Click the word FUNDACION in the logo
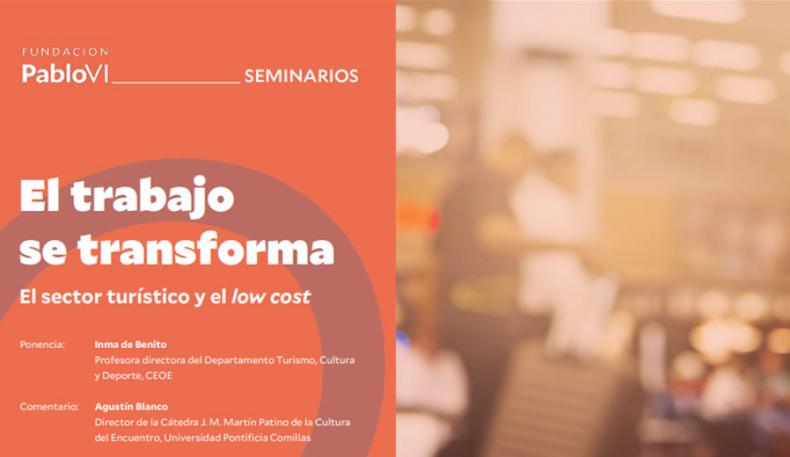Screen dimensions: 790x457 tap(65, 52)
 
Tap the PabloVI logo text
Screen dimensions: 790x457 tap(65, 73)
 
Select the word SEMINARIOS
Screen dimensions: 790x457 tap(301, 76)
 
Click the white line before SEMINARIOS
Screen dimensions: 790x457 tap(175, 81)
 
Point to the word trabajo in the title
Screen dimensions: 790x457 tap(153, 196)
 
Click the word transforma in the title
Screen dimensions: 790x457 tap(205, 248)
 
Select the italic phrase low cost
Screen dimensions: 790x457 tap(271, 297)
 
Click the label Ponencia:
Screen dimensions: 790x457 tap(42, 345)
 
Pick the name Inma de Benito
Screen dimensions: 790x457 tap(131, 345)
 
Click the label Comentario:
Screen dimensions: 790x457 tap(49, 406)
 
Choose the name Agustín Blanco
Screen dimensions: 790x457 tap(131, 406)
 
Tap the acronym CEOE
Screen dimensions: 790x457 tap(159, 376)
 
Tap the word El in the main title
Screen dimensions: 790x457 tap(40, 196)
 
